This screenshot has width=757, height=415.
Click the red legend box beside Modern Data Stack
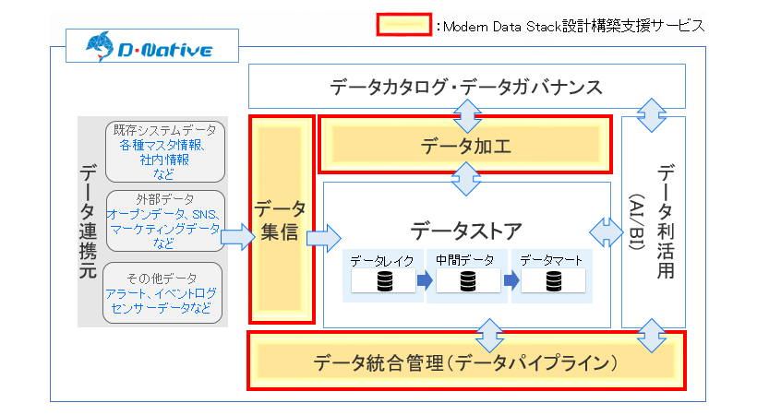click(403, 24)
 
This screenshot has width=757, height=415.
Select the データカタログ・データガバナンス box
click(466, 87)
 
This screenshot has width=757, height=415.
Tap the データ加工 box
click(465, 144)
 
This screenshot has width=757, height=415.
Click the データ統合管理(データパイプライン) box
click(465, 361)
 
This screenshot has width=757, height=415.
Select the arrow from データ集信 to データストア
click(322, 238)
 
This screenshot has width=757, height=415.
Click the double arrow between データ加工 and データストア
click(466, 178)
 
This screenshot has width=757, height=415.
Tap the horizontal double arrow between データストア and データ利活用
click(607, 232)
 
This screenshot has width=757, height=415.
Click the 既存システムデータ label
click(164, 129)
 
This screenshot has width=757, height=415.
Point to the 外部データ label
click(165, 199)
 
